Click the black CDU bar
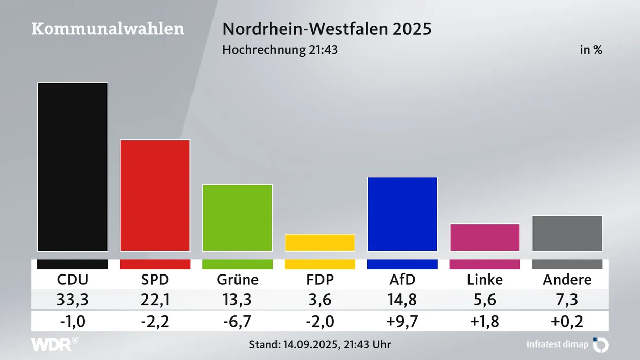pyautogui.click(x=73, y=167)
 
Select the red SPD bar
pyautogui.click(x=155, y=195)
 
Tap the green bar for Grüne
pyautogui.click(x=238, y=218)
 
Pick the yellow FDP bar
pyautogui.click(x=320, y=242)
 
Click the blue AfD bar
pyautogui.click(x=402, y=214)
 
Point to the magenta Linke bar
pyautogui.click(x=485, y=238)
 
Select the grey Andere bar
pyautogui.click(x=567, y=233)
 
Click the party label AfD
pyautogui.click(x=402, y=280)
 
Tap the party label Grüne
pyautogui.click(x=238, y=280)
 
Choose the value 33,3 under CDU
pyautogui.click(x=73, y=300)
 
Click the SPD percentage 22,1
pyautogui.click(x=155, y=300)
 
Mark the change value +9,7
pyautogui.click(x=402, y=322)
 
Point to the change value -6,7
pyautogui.click(x=238, y=322)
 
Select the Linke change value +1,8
pyautogui.click(x=485, y=322)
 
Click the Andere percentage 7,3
pyautogui.click(x=567, y=300)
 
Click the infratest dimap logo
pyautogui.click(x=567, y=345)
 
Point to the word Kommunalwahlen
pyautogui.click(x=108, y=29)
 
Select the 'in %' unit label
pyautogui.click(x=590, y=50)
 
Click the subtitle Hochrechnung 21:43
pyautogui.click(x=280, y=50)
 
